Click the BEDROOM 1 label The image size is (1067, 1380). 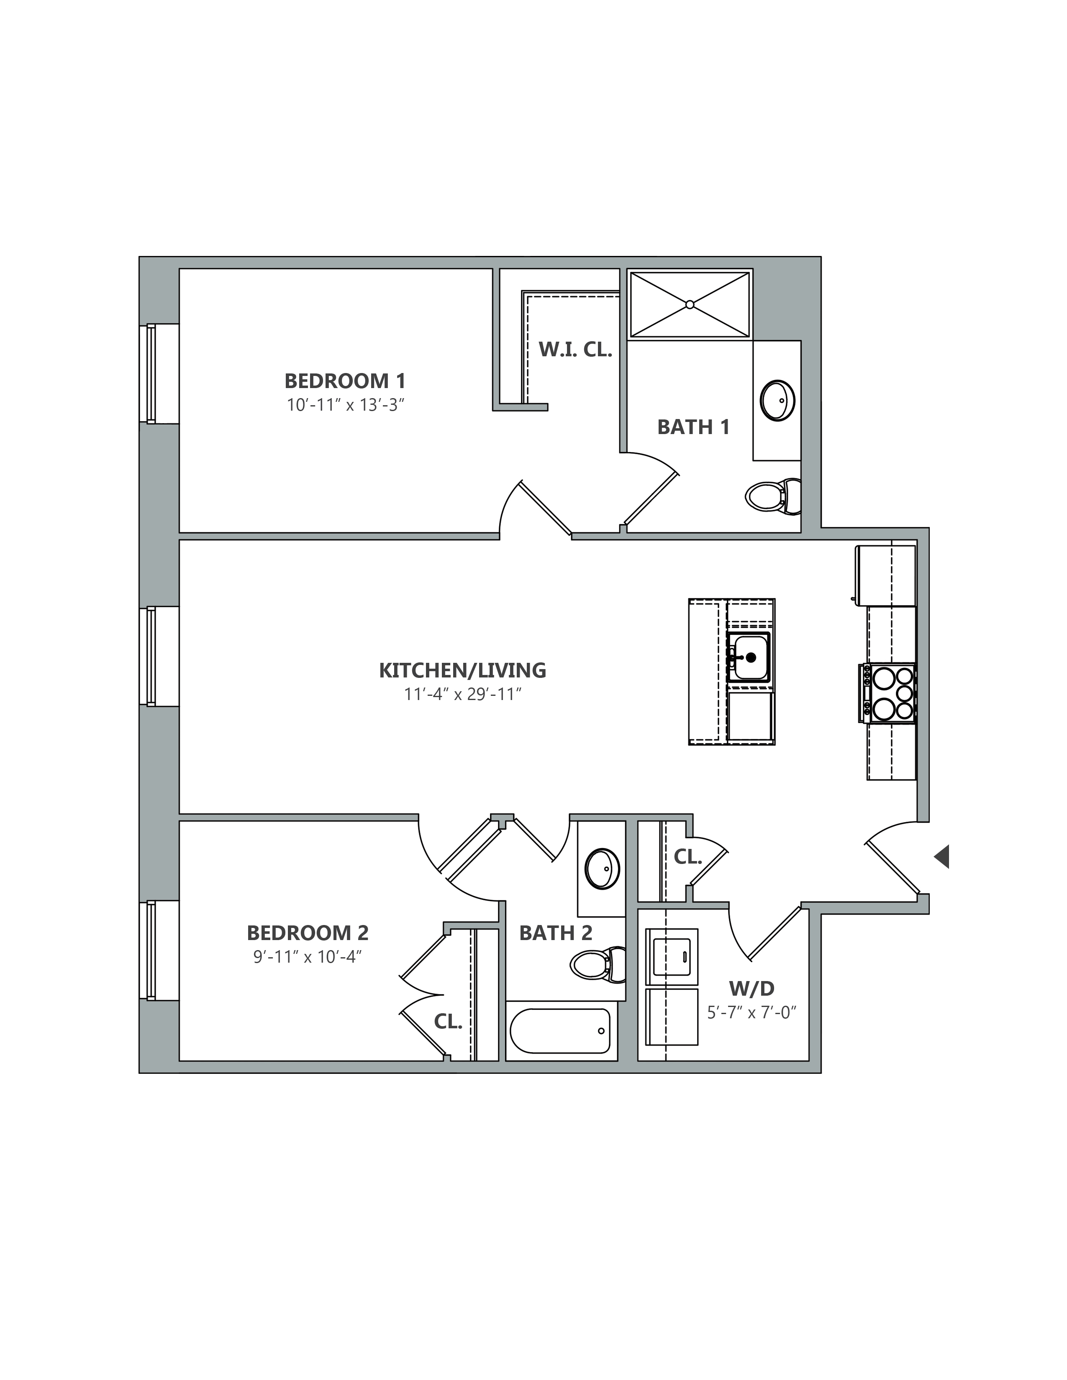(x=345, y=381)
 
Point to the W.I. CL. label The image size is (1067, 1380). (x=575, y=350)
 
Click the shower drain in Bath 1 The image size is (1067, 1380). (x=690, y=304)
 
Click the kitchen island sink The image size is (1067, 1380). (x=749, y=657)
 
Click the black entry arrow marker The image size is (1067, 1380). (x=942, y=857)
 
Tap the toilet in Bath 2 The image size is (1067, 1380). (x=598, y=965)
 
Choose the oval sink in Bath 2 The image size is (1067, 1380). (x=603, y=869)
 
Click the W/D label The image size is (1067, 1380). (x=752, y=988)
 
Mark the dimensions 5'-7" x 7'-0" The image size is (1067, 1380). (x=751, y=1012)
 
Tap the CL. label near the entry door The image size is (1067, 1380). (x=688, y=857)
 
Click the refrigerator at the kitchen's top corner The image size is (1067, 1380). (x=885, y=575)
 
